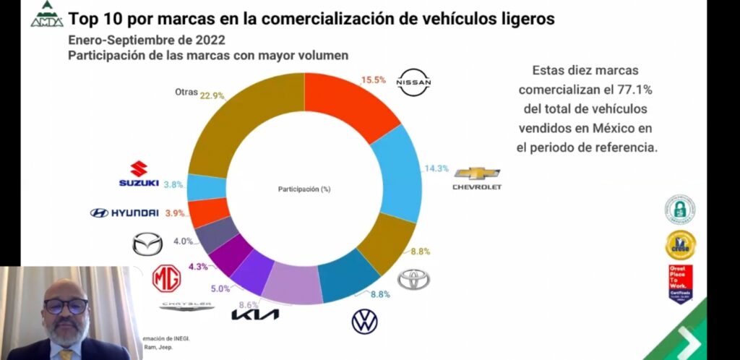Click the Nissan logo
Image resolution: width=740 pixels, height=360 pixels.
414,82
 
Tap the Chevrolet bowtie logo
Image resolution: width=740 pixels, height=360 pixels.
476,173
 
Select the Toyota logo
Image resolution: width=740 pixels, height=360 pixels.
413,280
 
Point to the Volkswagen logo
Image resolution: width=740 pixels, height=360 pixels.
365,322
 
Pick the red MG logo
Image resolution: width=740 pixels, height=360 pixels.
166,278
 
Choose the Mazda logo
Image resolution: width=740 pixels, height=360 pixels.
147,244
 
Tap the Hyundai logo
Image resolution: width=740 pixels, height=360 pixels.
124,213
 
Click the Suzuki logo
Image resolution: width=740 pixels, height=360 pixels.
139,175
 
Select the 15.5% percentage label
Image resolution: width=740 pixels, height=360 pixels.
374,78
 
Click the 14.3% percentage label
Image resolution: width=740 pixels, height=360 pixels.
436,168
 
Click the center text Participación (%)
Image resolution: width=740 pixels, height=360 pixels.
304,189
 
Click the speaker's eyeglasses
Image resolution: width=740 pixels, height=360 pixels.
65,306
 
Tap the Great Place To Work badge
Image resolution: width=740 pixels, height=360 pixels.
680,282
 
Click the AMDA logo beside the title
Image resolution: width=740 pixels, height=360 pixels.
46,15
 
